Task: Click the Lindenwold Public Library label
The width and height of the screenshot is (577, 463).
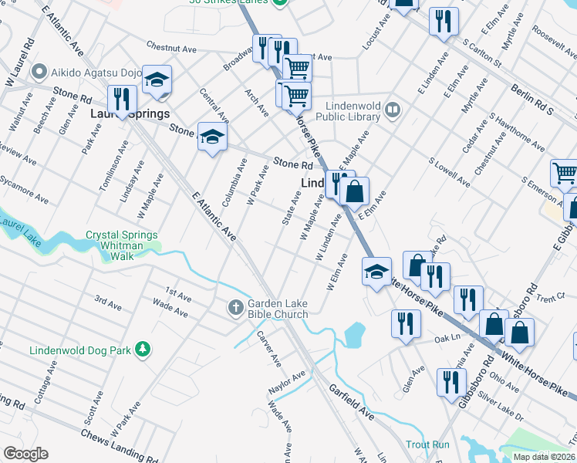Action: coord(353,110)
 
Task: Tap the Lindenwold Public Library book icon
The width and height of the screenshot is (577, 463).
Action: coord(393,110)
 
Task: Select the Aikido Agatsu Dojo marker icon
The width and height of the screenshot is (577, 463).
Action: coord(40,73)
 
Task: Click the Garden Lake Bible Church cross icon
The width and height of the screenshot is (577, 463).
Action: coord(237,308)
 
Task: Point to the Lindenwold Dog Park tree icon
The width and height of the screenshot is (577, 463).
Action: coord(142,350)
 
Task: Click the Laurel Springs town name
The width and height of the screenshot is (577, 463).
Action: coord(130,113)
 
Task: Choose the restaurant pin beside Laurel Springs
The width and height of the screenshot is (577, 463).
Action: coord(121,99)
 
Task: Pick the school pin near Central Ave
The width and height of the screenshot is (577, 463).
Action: coord(211,137)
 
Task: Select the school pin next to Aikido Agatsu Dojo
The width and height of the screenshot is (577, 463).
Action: coord(157,80)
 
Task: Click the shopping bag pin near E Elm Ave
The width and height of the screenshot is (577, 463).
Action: coord(354,191)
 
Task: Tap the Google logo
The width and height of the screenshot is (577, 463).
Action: coord(25,454)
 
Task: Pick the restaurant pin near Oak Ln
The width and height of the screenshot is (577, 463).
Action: coord(406,323)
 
